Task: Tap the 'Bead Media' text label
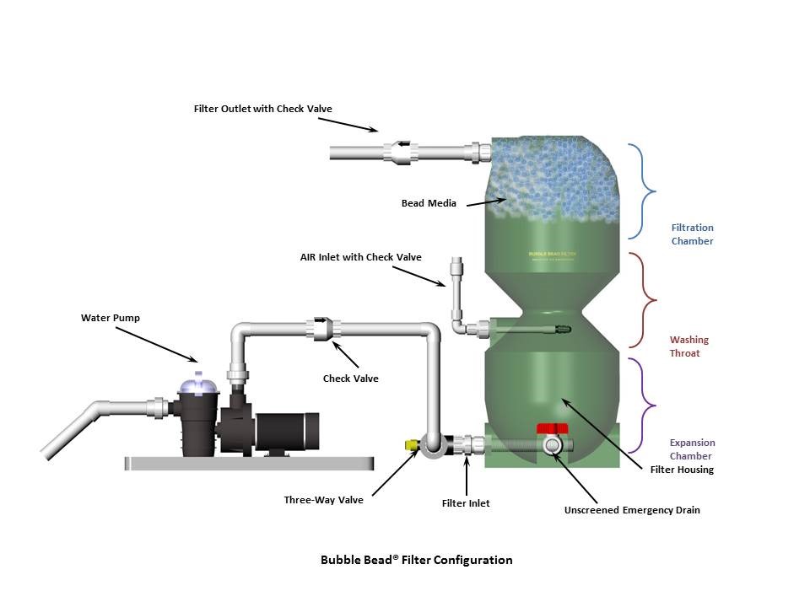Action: point(429,203)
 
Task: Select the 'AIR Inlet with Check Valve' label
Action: point(360,257)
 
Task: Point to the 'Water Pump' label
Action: point(110,318)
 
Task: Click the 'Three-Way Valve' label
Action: point(323,500)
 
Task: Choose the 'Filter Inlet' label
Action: point(466,503)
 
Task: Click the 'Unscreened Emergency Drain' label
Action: point(632,510)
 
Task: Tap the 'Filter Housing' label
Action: point(682,470)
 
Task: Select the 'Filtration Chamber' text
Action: point(692,234)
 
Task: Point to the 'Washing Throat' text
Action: point(689,346)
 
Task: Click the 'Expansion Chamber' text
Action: point(692,449)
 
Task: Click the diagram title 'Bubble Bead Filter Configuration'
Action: point(416,560)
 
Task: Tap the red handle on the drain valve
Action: point(552,428)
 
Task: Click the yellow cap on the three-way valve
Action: point(412,443)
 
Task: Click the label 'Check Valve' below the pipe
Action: point(350,379)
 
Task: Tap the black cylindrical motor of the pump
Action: point(283,432)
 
